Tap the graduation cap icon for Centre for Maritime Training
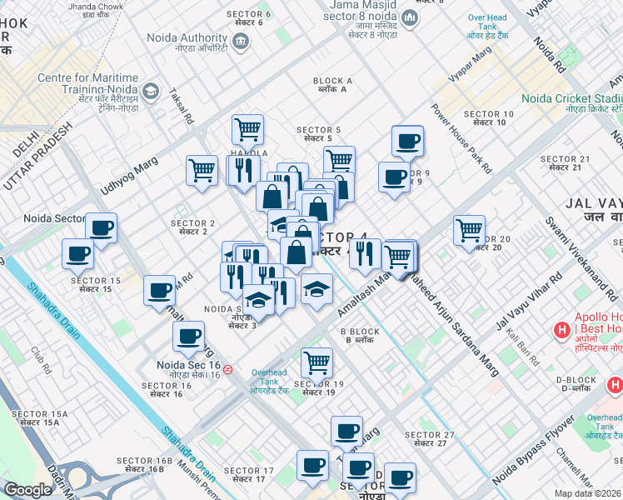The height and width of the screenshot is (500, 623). point(151,90)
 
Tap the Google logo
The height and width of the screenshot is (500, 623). point(27,490)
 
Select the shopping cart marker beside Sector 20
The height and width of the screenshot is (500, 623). point(470,229)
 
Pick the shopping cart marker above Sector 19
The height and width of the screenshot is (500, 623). point(316,362)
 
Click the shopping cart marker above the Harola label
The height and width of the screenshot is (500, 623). point(247,129)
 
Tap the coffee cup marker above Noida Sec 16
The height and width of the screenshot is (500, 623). point(188,337)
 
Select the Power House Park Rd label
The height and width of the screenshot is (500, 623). point(457,132)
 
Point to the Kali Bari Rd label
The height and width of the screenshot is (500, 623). point(522,348)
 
